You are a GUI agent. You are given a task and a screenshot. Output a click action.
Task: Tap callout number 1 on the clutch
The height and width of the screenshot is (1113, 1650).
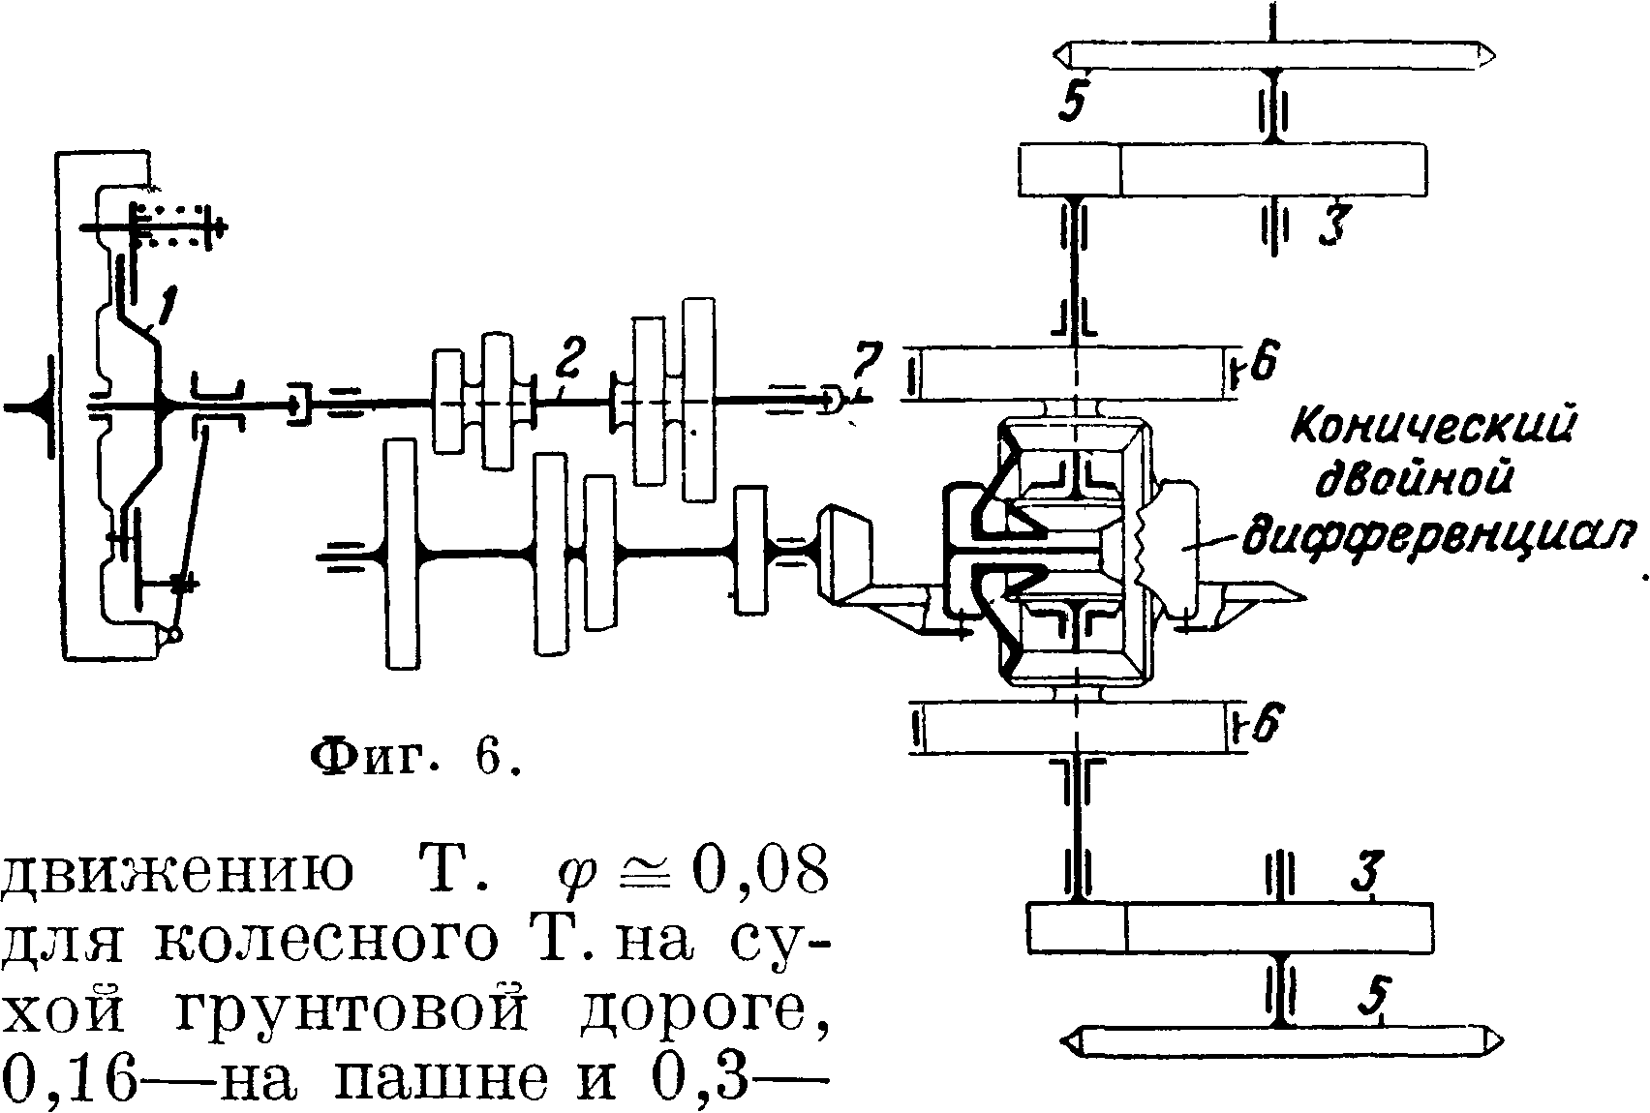point(166,309)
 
